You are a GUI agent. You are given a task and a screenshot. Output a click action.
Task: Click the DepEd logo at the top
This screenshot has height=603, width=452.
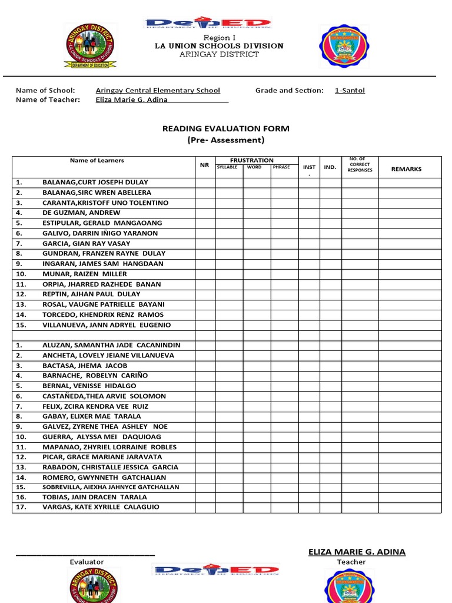pyautogui.click(x=208, y=24)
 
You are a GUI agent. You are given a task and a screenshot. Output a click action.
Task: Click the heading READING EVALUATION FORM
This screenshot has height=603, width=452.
pyautogui.click(x=226, y=128)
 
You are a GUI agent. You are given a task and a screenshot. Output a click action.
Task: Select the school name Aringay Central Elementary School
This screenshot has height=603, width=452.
pyautogui.click(x=158, y=90)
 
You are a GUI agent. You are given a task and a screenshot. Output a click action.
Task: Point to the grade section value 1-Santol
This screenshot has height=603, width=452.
pyautogui.click(x=350, y=90)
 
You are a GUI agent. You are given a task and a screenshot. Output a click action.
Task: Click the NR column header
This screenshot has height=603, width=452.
pyautogui.click(x=205, y=165)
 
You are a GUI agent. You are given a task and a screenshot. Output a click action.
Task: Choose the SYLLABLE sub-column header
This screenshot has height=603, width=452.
pyautogui.click(x=228, y=167)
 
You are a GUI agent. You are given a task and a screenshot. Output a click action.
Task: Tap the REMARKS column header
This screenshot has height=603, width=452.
pyautogui.click(x=407, y=169)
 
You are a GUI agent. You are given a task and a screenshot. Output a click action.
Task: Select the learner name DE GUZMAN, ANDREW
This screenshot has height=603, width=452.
pyautogui.click(x=81, y=213)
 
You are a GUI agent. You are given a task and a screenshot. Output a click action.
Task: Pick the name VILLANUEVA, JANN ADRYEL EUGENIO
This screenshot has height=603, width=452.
pyautogui.click(x=107, y=325)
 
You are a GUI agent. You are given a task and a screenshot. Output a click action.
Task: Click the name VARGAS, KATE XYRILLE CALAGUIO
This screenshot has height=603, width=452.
pyautogui.click(x=101, y=507)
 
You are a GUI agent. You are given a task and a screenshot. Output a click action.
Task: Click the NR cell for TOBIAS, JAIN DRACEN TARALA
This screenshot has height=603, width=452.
pyautogui.click(x=205, y=497)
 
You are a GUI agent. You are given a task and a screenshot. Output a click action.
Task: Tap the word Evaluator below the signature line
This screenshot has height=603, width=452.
pyautogui.click(x=87, y=562)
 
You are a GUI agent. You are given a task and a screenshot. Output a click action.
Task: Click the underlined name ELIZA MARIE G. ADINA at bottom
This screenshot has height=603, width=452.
pyautogui.click(x=357, y=552)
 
